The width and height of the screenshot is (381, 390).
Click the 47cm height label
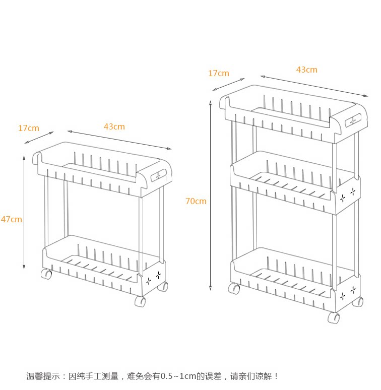pyautogui.click(x=11, y=219)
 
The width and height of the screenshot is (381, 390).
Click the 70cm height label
pyautogui.click(x=196, y=201)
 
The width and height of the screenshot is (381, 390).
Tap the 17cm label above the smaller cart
pyautogui.click(x=29, y=128)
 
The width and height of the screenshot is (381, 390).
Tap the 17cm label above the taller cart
pyautogui.click(x=219, y=73)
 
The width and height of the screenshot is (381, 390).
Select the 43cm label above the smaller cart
pyautogui.click(x=114, y=126)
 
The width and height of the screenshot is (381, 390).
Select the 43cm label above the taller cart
pyautogui.click(x=307, y=70)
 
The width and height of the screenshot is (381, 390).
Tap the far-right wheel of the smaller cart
pyautogui.click(x=162, y=287)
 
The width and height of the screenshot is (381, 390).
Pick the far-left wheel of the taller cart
pyautogui.click(x=234, y=289)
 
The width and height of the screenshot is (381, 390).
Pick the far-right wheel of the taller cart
pyautogui.click(x=358, y=302)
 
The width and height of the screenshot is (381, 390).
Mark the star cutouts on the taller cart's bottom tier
pyautogui.click(x=348, y=292)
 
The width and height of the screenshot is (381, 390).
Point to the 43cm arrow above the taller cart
pyautogui.click(x=314, y=86)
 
